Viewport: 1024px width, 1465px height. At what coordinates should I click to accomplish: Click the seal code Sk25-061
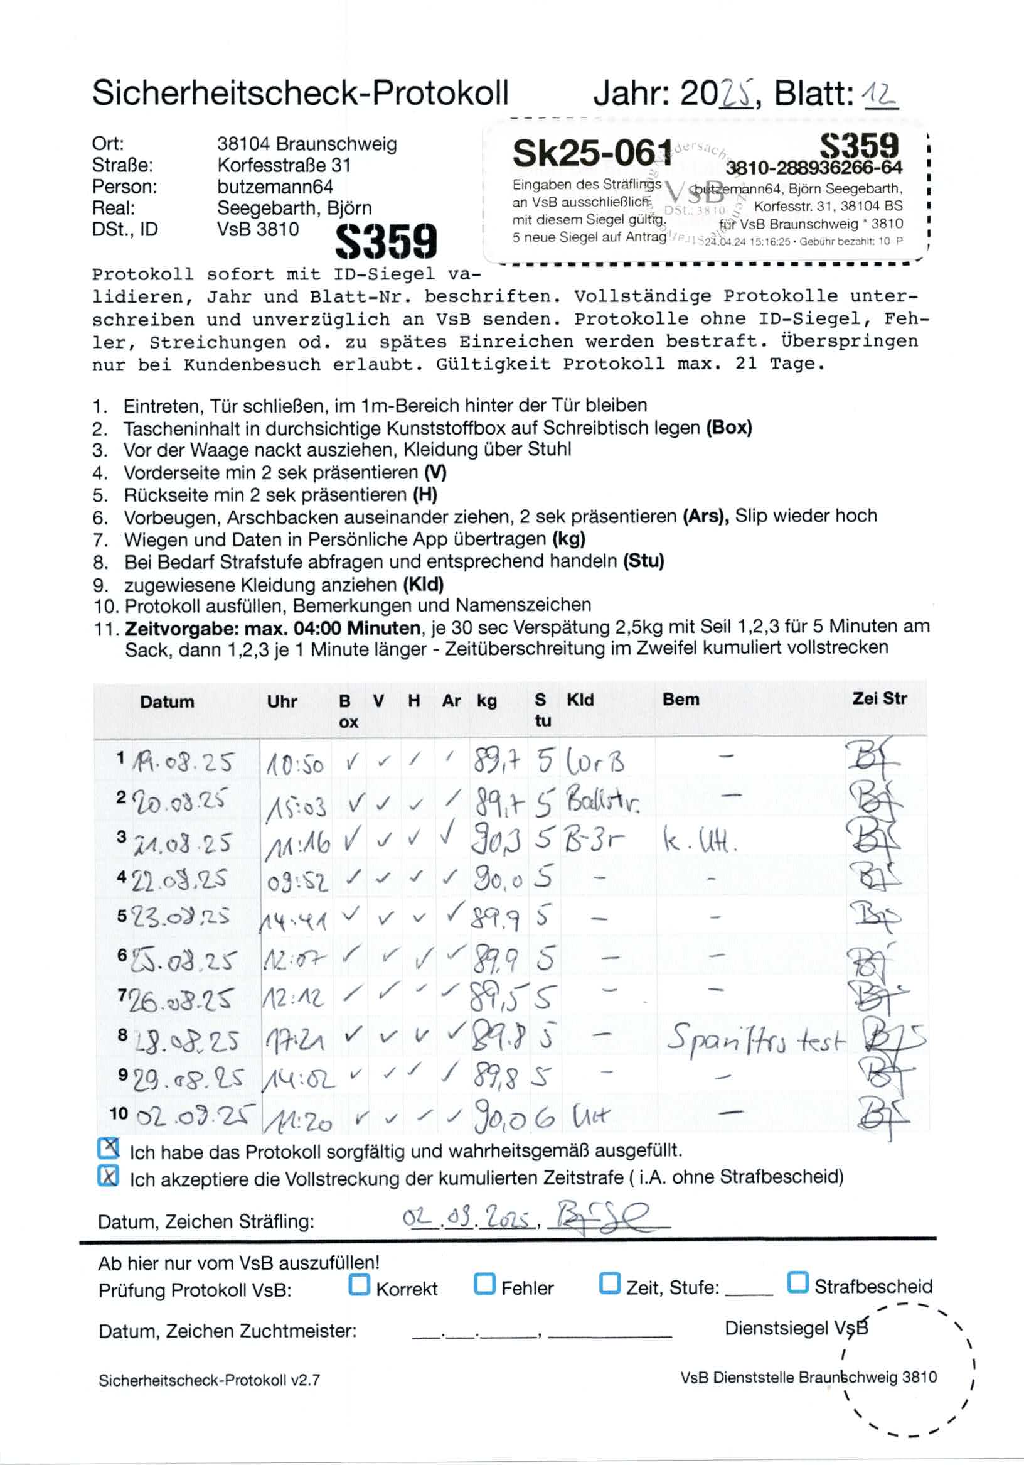pyautogui.click(x=592, y=153)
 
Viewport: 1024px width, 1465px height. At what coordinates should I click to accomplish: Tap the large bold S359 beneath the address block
pyautogui.click(x=387, y=242)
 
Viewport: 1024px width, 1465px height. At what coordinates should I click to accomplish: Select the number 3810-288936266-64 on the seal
pyautogui.click(x=814, y=168)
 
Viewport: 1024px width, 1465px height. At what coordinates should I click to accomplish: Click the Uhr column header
pyautogui.click(x=282, y=701)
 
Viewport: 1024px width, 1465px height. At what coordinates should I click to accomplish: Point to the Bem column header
pyautogui.click(x=680, y=700)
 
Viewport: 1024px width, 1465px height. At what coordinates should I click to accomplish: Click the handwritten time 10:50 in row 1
pyautogui.click(x=294, y=764)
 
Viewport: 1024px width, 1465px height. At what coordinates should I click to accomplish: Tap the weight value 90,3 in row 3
pyautogui.click(x=496, y=842)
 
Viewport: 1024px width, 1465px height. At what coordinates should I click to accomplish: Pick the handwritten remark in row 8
pyautogui.click(x=755, y=1039)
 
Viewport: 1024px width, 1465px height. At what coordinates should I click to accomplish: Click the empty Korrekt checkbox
pyautogui.click(x=359, y=1284)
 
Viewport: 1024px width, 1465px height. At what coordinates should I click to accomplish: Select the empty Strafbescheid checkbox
pyautogui.click(x=797, y=1282)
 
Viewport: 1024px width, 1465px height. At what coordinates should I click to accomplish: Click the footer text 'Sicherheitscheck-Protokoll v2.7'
pyautogui.click(x=209, y=1380)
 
